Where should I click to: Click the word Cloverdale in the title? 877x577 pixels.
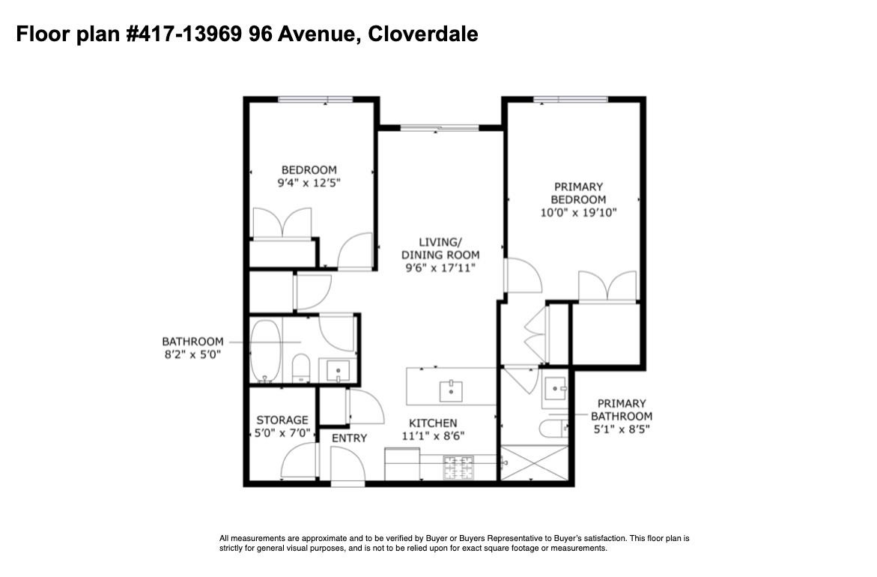pos(423,34)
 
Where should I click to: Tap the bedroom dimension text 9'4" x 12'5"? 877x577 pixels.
pos(309,182)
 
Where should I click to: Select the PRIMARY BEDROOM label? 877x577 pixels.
pos(578,193)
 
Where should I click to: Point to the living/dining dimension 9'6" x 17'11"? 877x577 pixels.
pos(440,268)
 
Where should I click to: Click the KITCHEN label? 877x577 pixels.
pos(433,423)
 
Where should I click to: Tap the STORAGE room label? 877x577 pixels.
pos(282,420)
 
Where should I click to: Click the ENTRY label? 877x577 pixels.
pos(350,438)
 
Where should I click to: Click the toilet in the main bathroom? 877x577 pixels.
pos(301,368)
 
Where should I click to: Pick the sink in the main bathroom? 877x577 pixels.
pos(338,370)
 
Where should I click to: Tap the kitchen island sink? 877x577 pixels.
pos(451,391)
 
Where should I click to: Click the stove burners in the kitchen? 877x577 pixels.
pos(458,468)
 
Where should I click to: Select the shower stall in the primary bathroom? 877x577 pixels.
pos(534,463)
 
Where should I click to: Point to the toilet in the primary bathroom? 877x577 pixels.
pos(553,429)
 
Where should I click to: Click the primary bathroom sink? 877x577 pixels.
pos(555,388)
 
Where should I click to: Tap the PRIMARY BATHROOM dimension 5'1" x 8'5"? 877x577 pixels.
pos(622,429)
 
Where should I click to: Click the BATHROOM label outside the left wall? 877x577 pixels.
pos(192,342)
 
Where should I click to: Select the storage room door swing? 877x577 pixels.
pos(300,461)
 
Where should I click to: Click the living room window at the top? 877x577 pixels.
pos(440,128)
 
